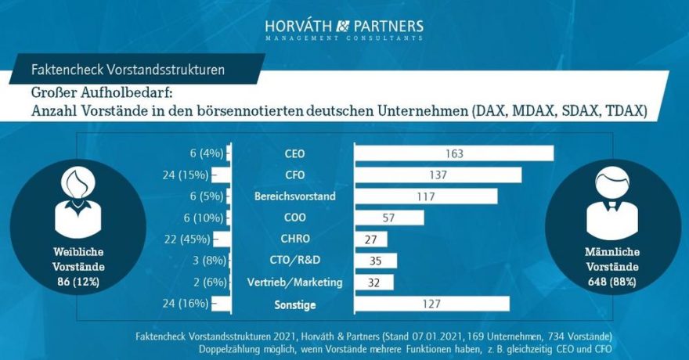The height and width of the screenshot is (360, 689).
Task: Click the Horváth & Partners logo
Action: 344,29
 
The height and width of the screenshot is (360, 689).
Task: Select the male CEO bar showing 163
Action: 454,153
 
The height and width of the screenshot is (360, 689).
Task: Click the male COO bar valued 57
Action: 390,218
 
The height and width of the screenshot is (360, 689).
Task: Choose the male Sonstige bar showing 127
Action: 432,304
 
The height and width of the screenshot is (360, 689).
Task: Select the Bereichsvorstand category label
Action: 295,196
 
